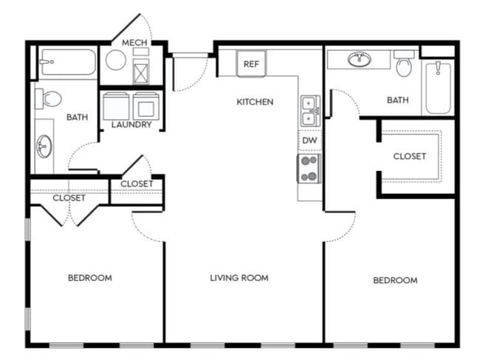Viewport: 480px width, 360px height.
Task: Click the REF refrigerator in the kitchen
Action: (251, 63)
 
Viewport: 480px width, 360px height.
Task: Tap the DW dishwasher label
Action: (309, 140)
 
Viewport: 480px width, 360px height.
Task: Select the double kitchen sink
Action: (310, 111)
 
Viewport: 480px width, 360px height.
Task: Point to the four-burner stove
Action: (309, 168)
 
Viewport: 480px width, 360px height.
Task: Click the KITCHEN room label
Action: (255, 102)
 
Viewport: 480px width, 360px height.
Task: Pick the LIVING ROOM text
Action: (239, 277)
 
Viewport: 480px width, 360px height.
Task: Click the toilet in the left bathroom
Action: (48, 99)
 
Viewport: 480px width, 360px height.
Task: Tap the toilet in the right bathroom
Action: (404, 63)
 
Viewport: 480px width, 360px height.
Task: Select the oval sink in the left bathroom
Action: (44, 146)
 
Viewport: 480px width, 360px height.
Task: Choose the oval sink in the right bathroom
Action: (360, 59)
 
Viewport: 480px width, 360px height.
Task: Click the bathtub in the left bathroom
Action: (68, 62)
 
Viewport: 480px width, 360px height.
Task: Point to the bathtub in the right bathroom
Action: (438, 88)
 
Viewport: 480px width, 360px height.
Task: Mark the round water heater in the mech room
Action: (116, 60)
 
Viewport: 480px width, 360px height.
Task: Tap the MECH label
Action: (134, 43)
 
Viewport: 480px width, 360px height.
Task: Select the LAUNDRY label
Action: (131, 125)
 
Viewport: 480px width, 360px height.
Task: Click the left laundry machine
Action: (116, 105)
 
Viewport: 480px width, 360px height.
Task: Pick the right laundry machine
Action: (146, 105)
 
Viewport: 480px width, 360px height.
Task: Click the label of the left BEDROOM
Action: (90, 277)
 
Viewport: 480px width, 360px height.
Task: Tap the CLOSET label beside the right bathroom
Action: (410, 156)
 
